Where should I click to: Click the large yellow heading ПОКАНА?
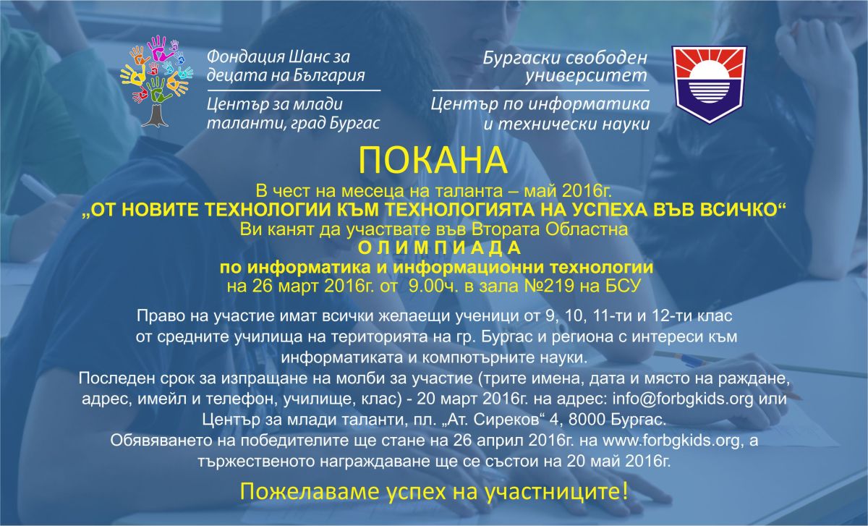point(433,161)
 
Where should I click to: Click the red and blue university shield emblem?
point(709,85)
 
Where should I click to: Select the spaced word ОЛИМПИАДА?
point(440,248)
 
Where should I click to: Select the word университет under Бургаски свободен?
point(586,75)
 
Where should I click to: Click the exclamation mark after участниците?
point(624,491)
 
